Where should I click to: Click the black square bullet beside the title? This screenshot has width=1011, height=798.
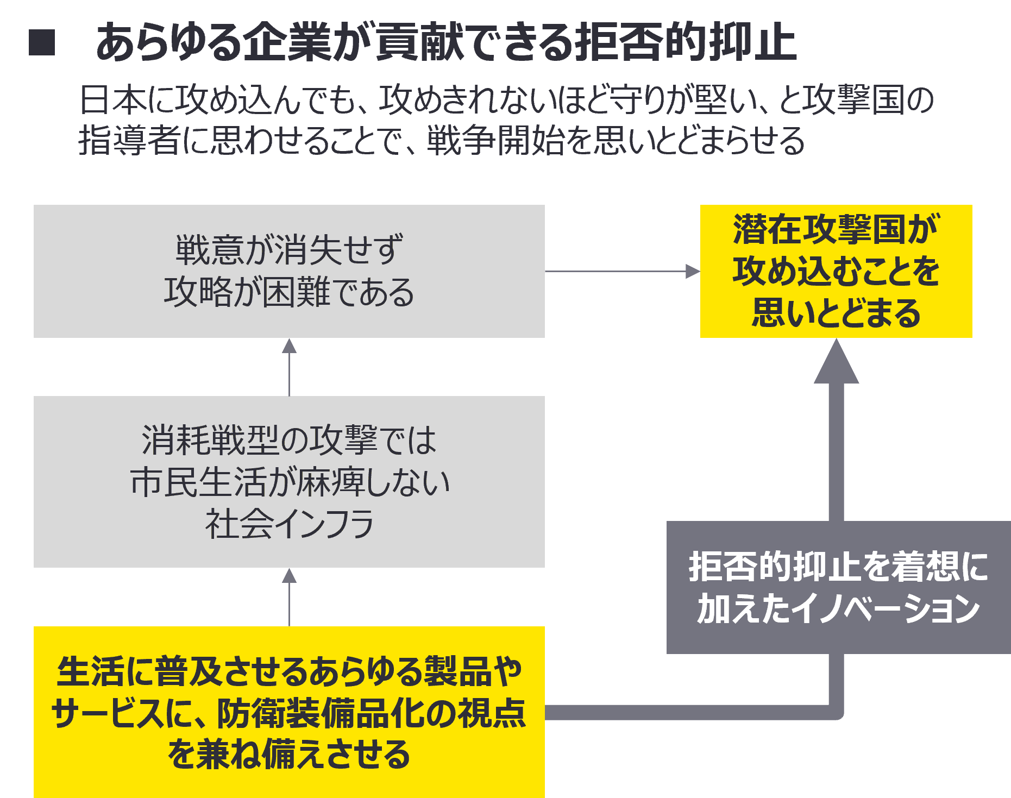42,43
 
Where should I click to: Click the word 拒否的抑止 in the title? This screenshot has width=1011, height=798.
685,43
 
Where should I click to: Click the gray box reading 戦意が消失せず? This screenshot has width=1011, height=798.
289,271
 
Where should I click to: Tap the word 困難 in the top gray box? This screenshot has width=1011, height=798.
297,293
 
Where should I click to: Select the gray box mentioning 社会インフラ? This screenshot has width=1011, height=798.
289,482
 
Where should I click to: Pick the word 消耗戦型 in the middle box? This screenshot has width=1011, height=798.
210,440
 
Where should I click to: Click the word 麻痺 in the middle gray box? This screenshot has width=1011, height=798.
331,482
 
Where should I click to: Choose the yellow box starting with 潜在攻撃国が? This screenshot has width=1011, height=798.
836,271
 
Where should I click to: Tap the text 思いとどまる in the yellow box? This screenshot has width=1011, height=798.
836,313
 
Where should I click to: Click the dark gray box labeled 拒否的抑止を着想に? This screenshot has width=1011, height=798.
838,587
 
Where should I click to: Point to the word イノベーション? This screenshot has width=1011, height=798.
886,609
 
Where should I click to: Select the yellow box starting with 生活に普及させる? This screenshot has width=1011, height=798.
289,712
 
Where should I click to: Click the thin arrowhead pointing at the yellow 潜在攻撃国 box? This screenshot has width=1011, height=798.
692,271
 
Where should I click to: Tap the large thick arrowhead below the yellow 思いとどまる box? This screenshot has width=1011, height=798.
836,363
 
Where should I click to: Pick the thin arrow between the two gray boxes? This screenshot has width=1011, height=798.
290,367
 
